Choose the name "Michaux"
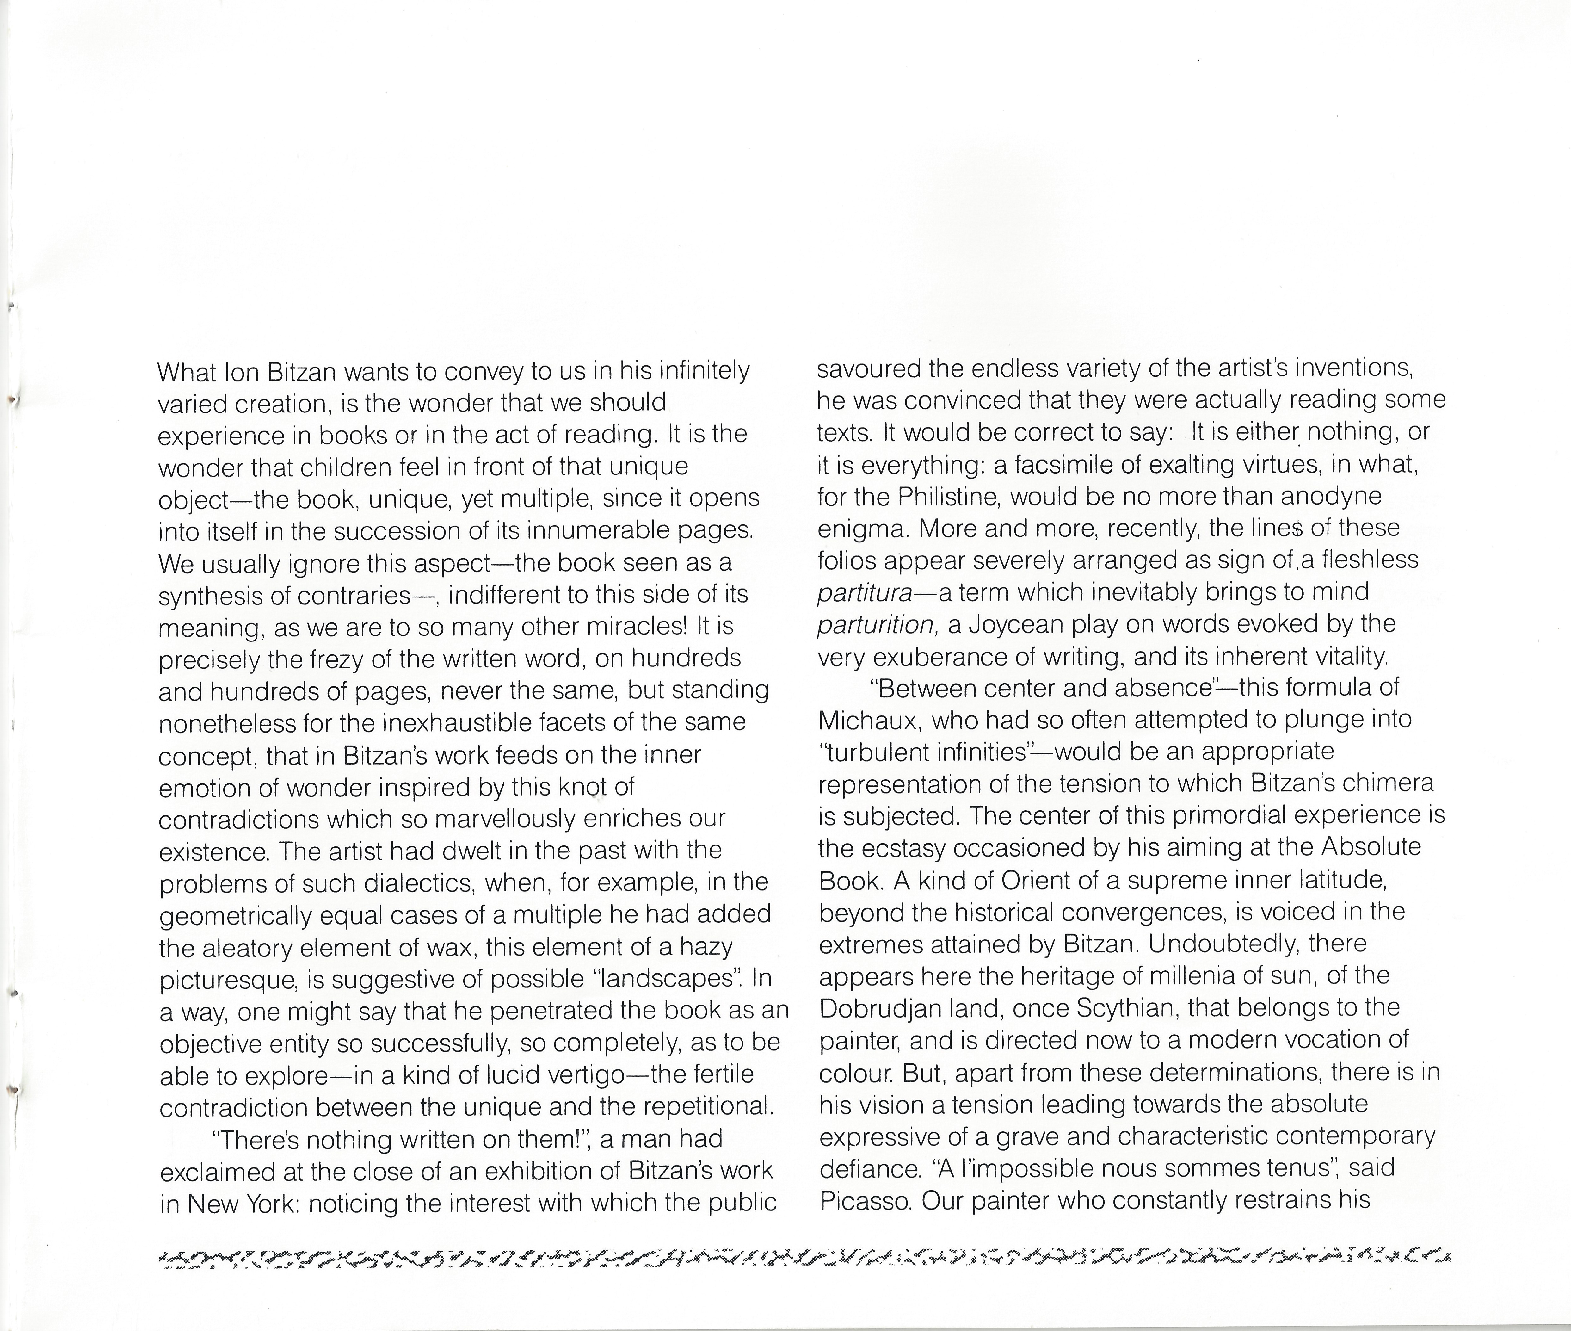pyautogui.click(x=867, y=721)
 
